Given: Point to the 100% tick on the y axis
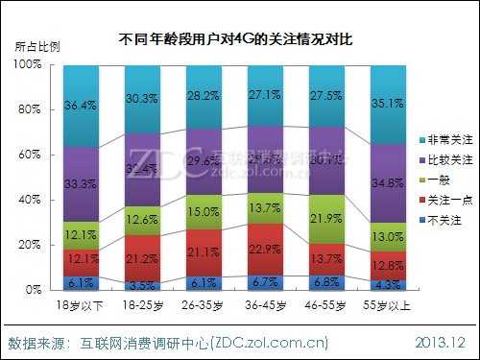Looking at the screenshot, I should point(29,63).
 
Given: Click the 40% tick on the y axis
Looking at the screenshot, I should point(31,199).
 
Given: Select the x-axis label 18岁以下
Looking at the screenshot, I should point(81,304).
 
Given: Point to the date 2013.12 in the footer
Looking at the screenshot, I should point(441,343).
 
